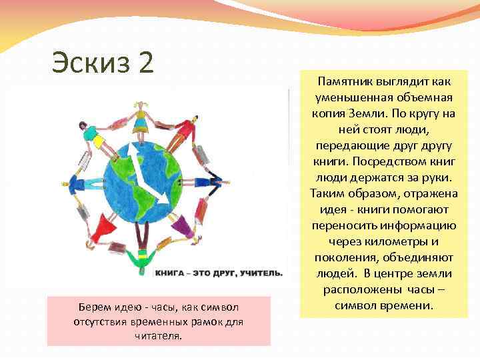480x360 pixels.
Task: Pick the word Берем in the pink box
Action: coord(94,306)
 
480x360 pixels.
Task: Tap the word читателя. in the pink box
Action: coord(158,337)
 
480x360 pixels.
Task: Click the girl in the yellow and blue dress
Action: coord(142,124)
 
